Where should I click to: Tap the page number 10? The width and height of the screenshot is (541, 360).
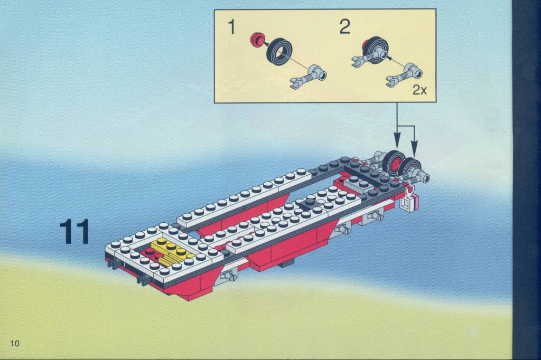[x=15, y=343]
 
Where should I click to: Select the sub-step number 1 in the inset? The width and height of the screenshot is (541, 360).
[x=232, y=27]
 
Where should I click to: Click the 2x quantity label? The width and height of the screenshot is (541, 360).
[x=419, y=90]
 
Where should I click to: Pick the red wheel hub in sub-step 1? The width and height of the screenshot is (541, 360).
[x=257, y=39]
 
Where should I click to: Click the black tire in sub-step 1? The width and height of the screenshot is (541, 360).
[x=279, y=50]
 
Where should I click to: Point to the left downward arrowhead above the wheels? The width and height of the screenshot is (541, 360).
[x=397, y=143]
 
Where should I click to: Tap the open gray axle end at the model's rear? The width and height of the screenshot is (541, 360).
[x=425, y=178]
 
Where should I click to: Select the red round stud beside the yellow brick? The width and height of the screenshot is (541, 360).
[x=150, y=252]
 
